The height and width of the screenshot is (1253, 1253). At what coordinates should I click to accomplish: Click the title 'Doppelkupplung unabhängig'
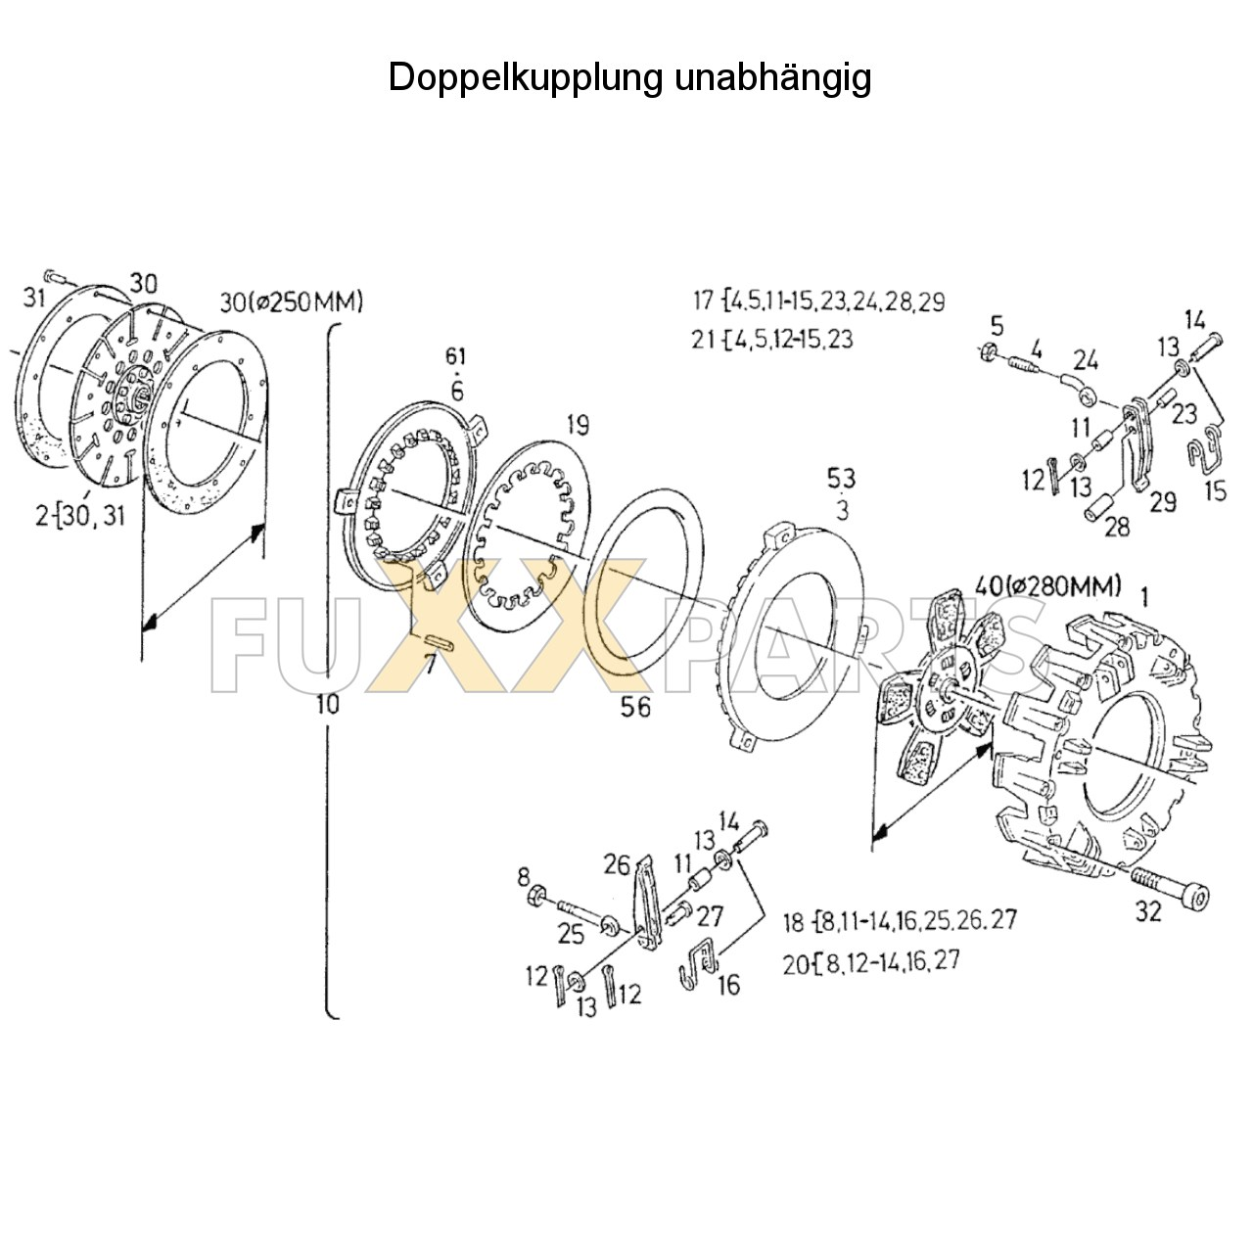click(629, 78)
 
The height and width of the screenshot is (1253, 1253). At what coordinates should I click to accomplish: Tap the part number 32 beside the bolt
click(1148, 911)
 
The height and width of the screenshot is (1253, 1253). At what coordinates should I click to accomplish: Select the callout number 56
click(636, 706)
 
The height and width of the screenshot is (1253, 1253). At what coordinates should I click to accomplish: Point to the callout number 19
click(578, 425)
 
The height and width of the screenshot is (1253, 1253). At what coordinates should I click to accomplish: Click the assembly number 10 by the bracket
click(329, 704)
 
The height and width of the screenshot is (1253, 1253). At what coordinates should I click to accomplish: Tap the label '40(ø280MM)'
click(1048, 586)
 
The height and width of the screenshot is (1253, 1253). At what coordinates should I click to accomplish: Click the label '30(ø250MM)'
click(291, 302)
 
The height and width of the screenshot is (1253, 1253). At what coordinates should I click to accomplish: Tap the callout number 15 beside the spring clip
click(1215, 490)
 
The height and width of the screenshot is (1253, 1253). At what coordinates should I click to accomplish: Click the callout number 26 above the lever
click(617, 864)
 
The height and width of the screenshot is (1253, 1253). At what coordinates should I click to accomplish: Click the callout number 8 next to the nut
click(523, 875)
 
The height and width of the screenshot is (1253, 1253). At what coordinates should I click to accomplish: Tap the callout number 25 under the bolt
click(572, 935)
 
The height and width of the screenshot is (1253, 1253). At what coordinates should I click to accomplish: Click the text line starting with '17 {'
click(817, 302)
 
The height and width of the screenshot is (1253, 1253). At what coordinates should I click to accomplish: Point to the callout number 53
click(841, 479)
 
